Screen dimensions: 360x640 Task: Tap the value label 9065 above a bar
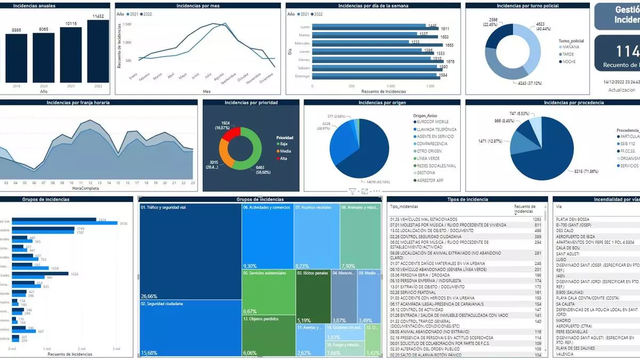[43, 30]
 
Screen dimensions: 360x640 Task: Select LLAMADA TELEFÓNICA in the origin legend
[437, 129]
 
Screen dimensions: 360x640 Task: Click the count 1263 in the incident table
[537, 219]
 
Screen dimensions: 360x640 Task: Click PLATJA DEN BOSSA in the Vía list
[573, 219]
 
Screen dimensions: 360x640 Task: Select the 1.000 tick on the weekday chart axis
[390, 85]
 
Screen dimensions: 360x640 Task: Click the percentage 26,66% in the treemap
[149, 296]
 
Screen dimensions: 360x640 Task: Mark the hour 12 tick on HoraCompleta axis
[91, 183]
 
